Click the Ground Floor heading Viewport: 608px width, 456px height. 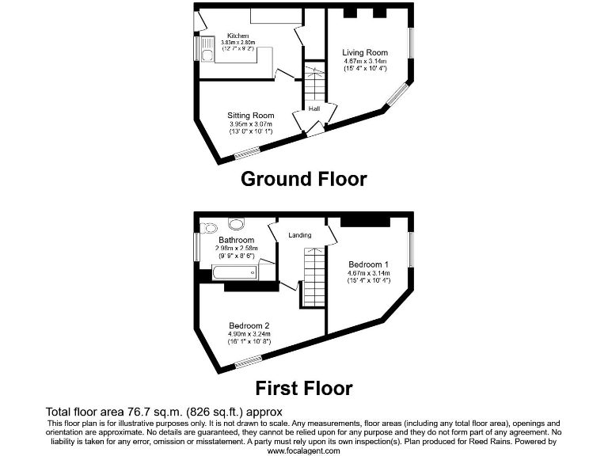click(303, 179)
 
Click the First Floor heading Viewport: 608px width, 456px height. click(303, 388)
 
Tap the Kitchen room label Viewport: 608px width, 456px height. click(237, 36)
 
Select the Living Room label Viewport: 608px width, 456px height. click(365, 53)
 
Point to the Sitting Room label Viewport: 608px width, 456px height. click(250, 116)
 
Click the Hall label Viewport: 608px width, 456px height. click(313, 108)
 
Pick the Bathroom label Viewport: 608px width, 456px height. click(236, 240)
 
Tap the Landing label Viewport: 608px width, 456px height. click(300, 235)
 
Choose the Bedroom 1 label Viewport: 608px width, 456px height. click(368, 264)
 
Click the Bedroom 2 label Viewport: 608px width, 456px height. click(249, 325)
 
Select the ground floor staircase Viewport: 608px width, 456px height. click(315, 83)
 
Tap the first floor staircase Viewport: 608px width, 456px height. click(315, 273)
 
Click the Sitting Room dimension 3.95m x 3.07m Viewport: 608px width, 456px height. click(250, 124)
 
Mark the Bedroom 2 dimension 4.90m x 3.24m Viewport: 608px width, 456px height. click(249, 334)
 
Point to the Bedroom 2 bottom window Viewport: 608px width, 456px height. click(248, 362)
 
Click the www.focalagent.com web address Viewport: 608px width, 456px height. click(303, 450)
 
